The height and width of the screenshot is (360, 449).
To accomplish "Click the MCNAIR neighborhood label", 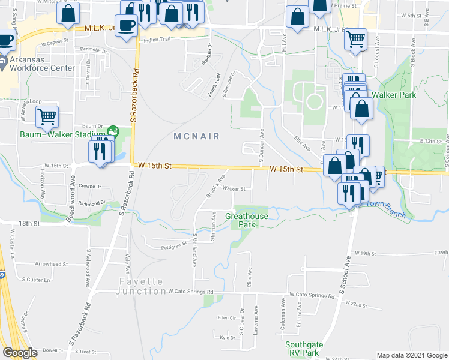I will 199,136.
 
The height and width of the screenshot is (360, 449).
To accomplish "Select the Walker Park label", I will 394,95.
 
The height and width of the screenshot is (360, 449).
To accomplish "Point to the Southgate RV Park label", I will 303,349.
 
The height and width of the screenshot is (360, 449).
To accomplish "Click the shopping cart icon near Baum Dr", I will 46,116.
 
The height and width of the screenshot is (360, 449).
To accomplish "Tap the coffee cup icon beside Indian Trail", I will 126,25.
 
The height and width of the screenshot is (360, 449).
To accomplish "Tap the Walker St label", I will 234,188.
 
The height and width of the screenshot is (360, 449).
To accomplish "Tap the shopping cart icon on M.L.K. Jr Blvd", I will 355,40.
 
